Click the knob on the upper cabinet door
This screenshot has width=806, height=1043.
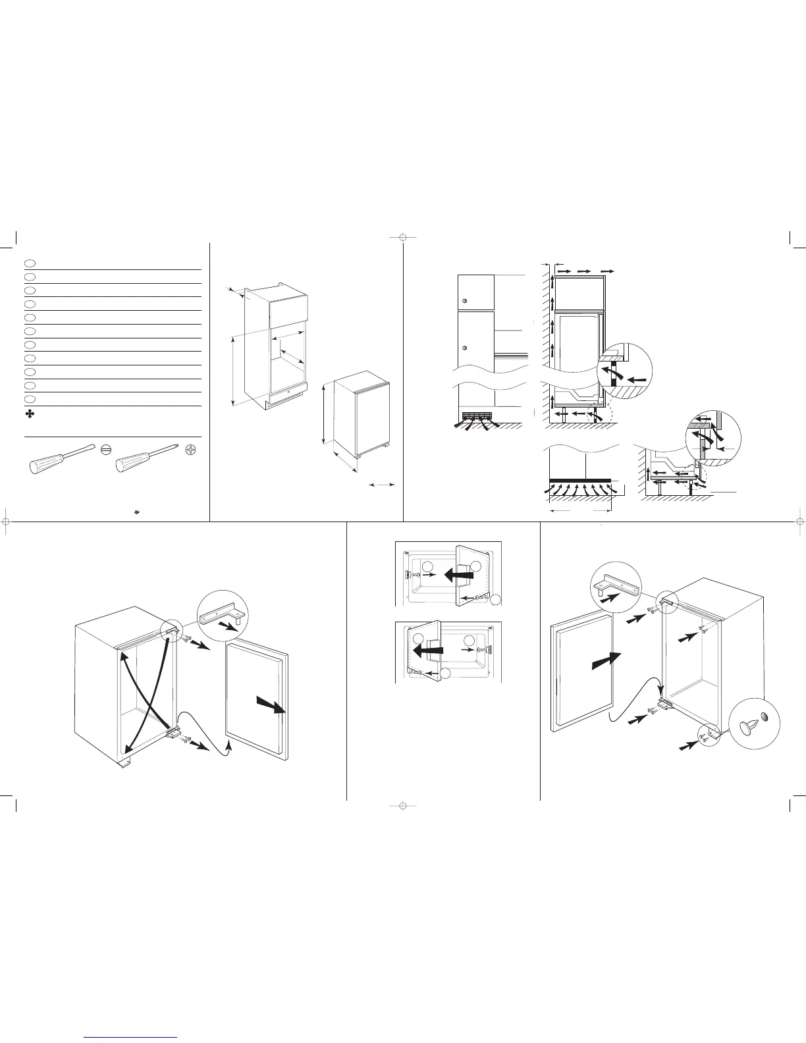[x=464, y=301]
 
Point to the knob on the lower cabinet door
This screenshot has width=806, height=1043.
[x=464, y=348]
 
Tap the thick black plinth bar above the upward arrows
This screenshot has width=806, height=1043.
[x=579, y=479]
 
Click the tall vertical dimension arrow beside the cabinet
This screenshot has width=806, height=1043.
[x=233, y=371]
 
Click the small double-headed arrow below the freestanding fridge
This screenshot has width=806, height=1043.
[x=382, y=485]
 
